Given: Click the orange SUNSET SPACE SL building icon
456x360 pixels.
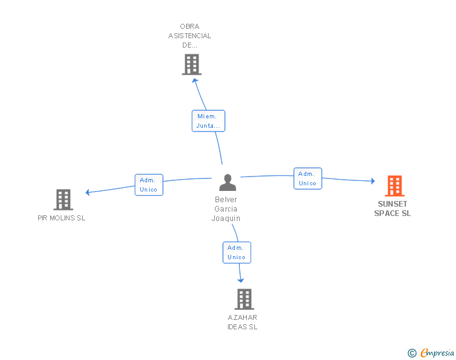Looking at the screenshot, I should pyautogui.click(x=394, y=186).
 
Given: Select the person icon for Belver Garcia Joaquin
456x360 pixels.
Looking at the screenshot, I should pyautogui.click(x=228, y=183).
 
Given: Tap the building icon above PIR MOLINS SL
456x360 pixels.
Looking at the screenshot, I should pyautogui.click(x=63, y=200).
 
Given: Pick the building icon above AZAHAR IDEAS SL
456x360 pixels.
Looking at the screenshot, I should pyautogui.click(x=244, y=299).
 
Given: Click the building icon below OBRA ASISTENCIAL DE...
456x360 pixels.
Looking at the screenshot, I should pyautogui.click(x=191, y=64).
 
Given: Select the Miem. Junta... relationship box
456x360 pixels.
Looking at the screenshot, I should pyautogui.click(x=208, y=121).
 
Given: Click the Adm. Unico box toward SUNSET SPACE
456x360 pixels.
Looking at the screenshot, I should pyautogui.click(x=308, y=178).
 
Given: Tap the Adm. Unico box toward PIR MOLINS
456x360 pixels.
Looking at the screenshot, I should pyautogui.click(x=149, y=185).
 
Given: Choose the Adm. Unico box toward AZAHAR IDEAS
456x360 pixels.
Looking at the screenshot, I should pyautogui.click(x=237, y=252).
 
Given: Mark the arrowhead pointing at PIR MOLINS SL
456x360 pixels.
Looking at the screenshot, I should pyautogui.click(x=88, y=192).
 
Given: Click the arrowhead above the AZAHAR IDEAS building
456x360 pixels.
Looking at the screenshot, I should pyautogui.click(x=241, y=280).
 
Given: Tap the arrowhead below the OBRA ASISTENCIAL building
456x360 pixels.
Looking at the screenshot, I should pyautogui.click(x=195, y=80).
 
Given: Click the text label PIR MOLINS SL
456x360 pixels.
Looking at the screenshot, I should pyautogui.click(x=61, y=218).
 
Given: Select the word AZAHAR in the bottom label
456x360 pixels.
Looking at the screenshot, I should pyautogui.click(x=242, y=317).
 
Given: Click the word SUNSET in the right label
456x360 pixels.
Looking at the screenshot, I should pyautogui.click(x=392, y=204).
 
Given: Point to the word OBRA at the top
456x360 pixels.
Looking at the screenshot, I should pyautogui.click(x=189, y=26).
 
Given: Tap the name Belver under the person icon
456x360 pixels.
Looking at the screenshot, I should pyautogui.click(x=226, y=200).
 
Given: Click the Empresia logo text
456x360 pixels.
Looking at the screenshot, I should pyautogui.click(x=437, y=353).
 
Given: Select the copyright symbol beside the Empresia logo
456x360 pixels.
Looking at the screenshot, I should pyautogui.click(x=412, y=354).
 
